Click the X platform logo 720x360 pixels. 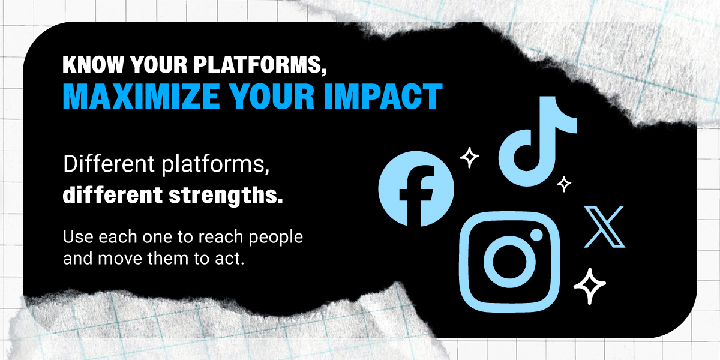604,227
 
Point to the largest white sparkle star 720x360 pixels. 590,286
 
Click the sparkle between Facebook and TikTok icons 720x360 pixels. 469,157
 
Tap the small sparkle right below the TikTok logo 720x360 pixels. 564,184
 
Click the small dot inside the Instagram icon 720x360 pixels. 536,235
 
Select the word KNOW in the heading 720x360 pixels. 93,65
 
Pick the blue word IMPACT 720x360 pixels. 383,96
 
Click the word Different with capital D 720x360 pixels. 109,164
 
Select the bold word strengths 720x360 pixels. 226,196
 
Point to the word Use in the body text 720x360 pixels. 78,237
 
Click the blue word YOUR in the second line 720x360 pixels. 272,96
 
